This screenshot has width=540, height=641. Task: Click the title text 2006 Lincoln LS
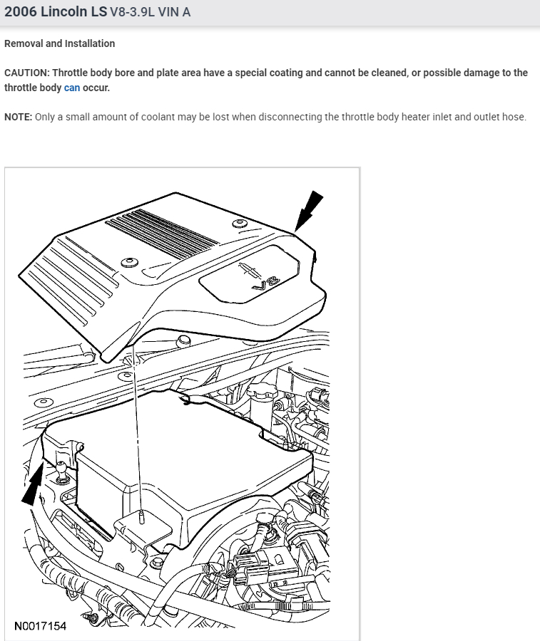[x=55, y=13]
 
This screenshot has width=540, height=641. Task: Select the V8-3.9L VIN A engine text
[x=151, y=13]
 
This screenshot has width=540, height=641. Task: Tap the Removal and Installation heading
[x=59, y=43]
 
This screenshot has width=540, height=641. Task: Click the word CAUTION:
[x=26, y=73]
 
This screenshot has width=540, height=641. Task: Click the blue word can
[x=72, y=88]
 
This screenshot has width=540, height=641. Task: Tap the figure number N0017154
[x=41, y=627]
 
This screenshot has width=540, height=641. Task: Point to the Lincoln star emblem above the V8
[x=248, y=267]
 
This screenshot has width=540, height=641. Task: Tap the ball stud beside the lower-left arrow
[x=62, y=470]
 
